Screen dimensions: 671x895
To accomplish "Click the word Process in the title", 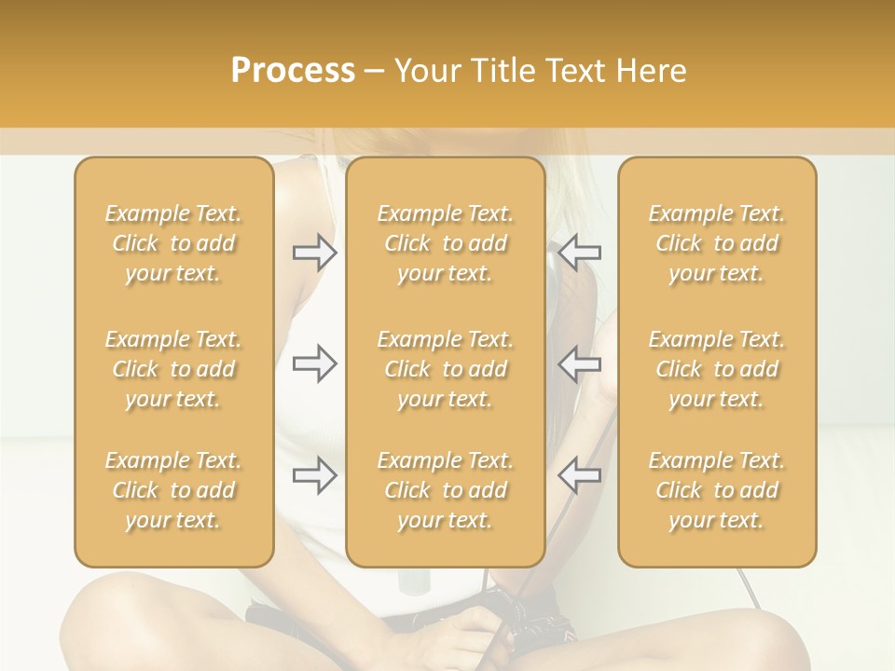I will [293, 71].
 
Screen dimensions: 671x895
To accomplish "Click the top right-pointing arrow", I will [315, 253].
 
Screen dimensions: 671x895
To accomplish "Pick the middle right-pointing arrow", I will [315, 363].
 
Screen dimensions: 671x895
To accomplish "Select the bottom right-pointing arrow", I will [315, 475].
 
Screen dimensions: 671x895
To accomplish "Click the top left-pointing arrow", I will [579, 253].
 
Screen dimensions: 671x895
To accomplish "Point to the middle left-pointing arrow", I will [579, 363].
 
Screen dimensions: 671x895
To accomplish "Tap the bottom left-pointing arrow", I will [579, 475].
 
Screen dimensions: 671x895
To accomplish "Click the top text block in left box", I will [173, 243].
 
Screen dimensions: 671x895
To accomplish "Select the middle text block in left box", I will [173, 369].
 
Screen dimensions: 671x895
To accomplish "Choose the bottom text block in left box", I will [173, 490].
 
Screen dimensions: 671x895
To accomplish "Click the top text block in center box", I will [445, 243].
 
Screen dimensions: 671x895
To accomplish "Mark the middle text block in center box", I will [445, 369].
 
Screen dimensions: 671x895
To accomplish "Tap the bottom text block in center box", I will [445, 490].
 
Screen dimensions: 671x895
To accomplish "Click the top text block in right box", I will [717, 243].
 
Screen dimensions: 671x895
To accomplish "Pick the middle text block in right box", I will [717, 369].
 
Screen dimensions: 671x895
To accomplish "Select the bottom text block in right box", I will [717, 490].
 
